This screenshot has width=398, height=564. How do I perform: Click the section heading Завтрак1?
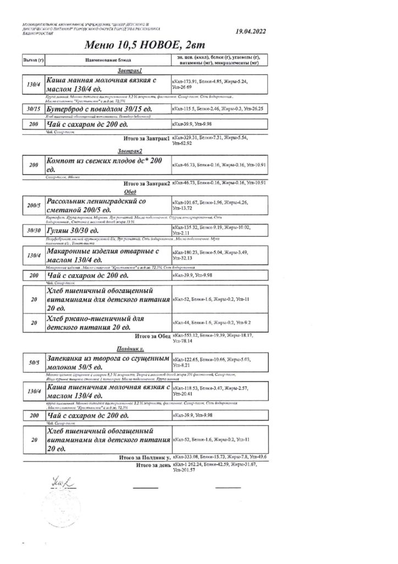(x=130, y=71)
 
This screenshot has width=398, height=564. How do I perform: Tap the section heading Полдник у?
(x=130, y=349)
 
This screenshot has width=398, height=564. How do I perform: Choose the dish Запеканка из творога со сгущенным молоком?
(x=107, y=362)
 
